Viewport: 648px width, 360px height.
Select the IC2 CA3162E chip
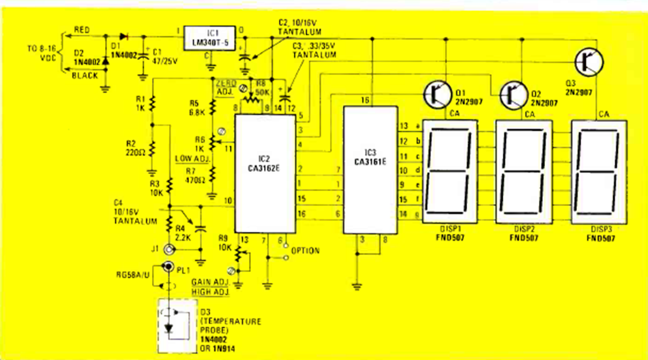pyautogui.click(x=265, y=175)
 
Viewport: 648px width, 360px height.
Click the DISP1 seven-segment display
pyautogui.click(x=450, y=169)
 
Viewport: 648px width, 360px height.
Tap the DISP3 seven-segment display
pyautogui.click(x=599, y=169)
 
